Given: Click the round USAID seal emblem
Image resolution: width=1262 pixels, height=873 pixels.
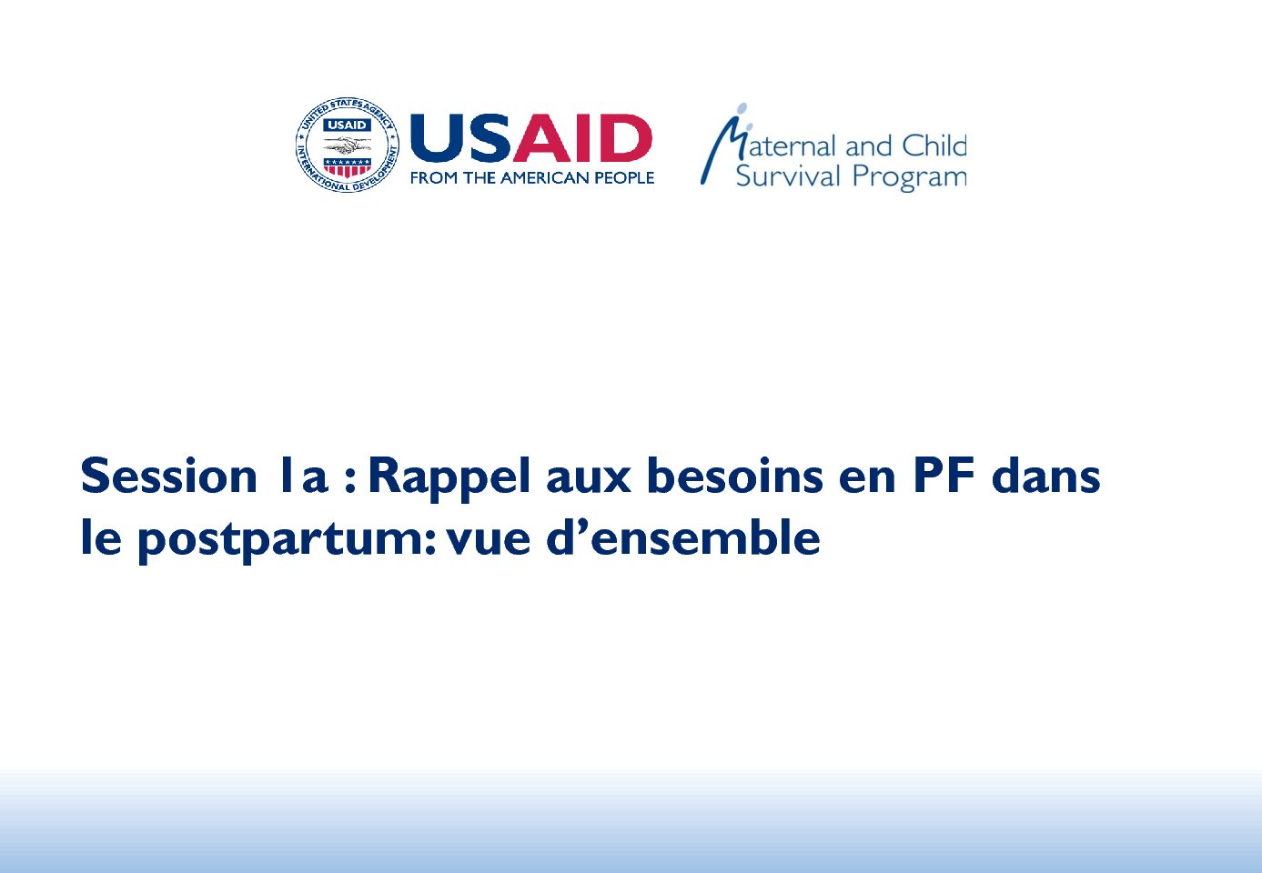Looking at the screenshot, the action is pyautogui.click(x=347, y=145).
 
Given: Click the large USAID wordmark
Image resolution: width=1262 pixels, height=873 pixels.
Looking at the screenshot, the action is pyautogui.click(x=531, y=138).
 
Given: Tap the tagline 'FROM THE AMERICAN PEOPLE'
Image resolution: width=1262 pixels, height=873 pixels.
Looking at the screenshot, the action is pyautogui.click(x=532, y=178).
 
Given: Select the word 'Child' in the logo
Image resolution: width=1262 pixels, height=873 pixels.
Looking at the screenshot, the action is pyautogui.click(x=934, y=145).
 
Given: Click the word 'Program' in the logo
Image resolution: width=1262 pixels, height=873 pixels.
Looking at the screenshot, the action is pyautogui.click(x=910, y=178).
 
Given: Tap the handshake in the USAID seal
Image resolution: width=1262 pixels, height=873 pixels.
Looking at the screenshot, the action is pyautogui.click(x=347, y=145).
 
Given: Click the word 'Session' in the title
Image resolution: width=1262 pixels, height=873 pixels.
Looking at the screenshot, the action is pyautogui.click(x=169, y=476).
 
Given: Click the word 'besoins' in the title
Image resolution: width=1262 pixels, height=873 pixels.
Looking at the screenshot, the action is pyautogui.click(x=734, y=475).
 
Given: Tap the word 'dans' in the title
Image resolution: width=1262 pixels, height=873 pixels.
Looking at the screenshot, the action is pyautogui.click(x=1045, y=475).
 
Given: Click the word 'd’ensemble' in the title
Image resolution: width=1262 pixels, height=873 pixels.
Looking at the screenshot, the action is pyautogui.click(x=683, y=537).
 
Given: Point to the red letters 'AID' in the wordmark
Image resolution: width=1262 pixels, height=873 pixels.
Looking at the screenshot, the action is pyautogui.click(x=582, y=138).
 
